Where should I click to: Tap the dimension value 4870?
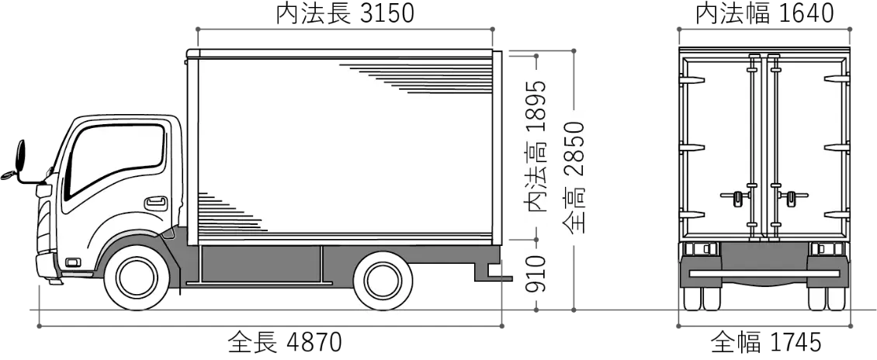[314, 342]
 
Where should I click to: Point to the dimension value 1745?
[794, 342]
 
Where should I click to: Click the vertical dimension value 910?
[536, 273]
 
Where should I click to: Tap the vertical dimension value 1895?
[536, 108]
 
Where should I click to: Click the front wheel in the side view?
[137, 279]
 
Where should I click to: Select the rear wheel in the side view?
[383, 280]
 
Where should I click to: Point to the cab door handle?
[156, 203]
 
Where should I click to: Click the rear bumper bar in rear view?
[764, 273]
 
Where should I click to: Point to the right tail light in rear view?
[828, 249]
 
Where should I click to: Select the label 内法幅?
[734, 14]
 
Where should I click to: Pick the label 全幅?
[736, 342]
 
